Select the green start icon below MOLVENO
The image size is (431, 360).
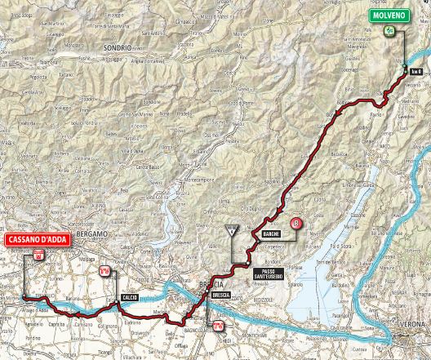pos(390,31)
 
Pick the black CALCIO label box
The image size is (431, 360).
pos(129,297)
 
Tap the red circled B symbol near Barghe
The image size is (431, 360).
pos(297,223)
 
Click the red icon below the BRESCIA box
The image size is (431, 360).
pos(217,327)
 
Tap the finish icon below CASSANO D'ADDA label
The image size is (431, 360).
pos(38,256)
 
